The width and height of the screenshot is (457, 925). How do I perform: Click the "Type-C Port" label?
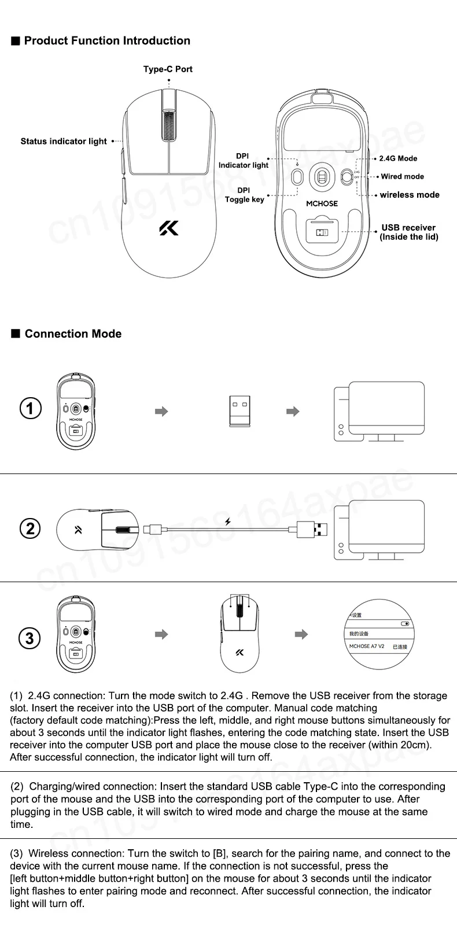(168, 69)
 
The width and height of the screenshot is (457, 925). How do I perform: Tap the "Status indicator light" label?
(64, 142)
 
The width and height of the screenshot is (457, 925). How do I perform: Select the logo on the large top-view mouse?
(169, 228)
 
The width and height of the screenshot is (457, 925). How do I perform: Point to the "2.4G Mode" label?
(398, 158)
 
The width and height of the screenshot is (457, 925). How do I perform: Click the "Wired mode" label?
(402, 177)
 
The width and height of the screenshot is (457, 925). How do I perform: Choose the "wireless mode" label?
(410, 195)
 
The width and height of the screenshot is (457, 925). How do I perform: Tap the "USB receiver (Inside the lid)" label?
(408, 232)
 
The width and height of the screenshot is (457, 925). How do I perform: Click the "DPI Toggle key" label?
(244, 195)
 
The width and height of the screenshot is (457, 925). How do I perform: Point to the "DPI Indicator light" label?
(244, 161)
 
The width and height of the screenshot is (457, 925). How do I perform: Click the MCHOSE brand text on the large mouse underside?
(322, 203)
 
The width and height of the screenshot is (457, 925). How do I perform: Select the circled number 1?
(30, 409)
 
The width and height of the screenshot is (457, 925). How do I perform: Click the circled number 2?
(30, 528)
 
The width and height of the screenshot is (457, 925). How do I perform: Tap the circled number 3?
(30, 638)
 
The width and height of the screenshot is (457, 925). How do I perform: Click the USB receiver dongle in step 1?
(240, 411)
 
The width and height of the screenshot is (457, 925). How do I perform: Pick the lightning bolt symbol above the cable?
(228, 521)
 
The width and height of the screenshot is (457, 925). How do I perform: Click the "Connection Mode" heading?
(73, 334)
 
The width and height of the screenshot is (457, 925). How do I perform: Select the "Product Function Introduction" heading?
(107, 41)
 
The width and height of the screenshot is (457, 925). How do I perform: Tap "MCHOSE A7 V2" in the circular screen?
(367, 646)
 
